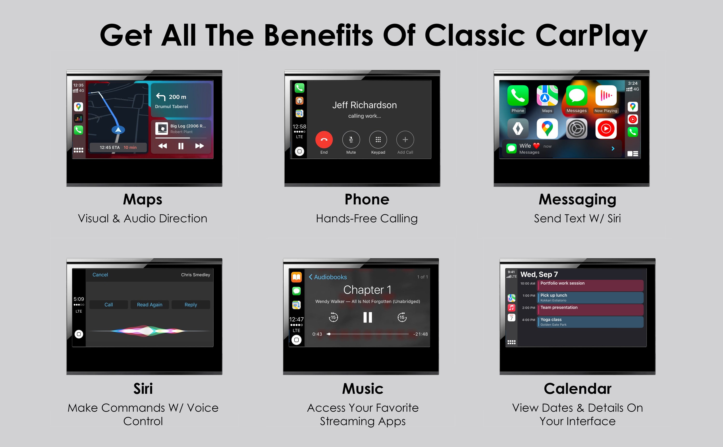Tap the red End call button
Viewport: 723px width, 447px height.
[324, 139]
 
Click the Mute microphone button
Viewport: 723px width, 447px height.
[351, 139]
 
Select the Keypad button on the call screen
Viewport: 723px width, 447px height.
[378, 139]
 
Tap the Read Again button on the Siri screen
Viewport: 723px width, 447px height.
[150, 304]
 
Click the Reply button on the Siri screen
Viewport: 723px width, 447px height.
[191, 304]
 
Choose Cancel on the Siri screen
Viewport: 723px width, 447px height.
[100, 275]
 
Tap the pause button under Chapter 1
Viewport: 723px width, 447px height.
[368, 317]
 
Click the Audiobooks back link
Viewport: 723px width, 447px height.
[328, 277]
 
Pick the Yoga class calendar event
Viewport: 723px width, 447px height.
[590, 322]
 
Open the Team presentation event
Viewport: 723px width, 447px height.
[590, 310]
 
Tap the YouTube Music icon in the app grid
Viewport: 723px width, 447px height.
[606, 129]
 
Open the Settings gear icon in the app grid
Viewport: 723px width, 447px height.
[576, 129]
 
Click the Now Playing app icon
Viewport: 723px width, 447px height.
[606, 95]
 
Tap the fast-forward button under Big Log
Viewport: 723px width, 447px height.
[199, 146]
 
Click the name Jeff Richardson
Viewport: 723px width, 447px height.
[364, 105]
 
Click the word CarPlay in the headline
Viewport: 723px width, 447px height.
[591, 36]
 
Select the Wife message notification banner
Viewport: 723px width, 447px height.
[562, 149]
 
